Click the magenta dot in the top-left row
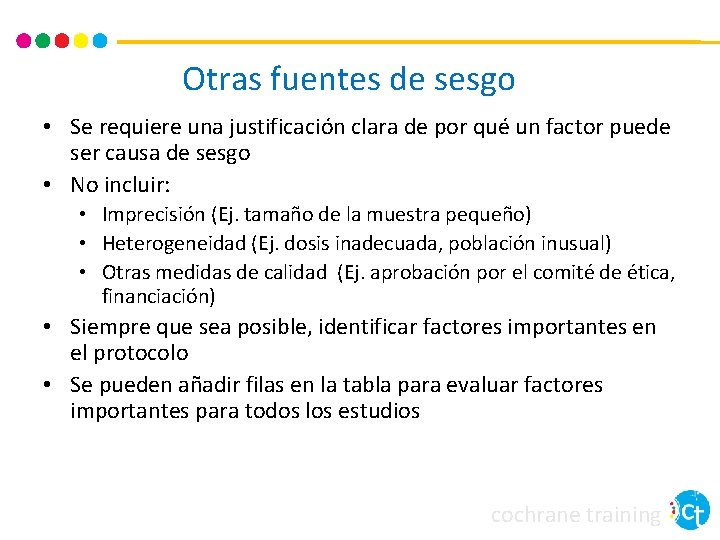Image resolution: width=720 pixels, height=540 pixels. pyautogui.click(x=24, y=41)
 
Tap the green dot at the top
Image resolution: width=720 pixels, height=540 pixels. pyautogui.click(x=43, y=41)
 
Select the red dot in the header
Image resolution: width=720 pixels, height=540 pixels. pyautogui.click(x=62, y=41)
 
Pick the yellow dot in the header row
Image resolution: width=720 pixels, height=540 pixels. pyautogui.click(x=81, y=41)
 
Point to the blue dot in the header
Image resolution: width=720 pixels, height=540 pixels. pyautogui.click(x=100, y=41)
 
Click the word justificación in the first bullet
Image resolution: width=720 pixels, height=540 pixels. pyautogui.click(x=285, y=128)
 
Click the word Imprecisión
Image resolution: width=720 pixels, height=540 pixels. pyautogui.click(x=155, y=215)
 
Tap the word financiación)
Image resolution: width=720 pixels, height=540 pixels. pyautogui.click(x=158, y=296)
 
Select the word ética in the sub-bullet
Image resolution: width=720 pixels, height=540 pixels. pyautogui.click(x=648, y=272)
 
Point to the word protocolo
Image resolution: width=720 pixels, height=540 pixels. pyautogui.click(x=141, y=353)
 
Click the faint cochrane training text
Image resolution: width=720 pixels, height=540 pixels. pyautogui.click(x=576, y=515)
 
